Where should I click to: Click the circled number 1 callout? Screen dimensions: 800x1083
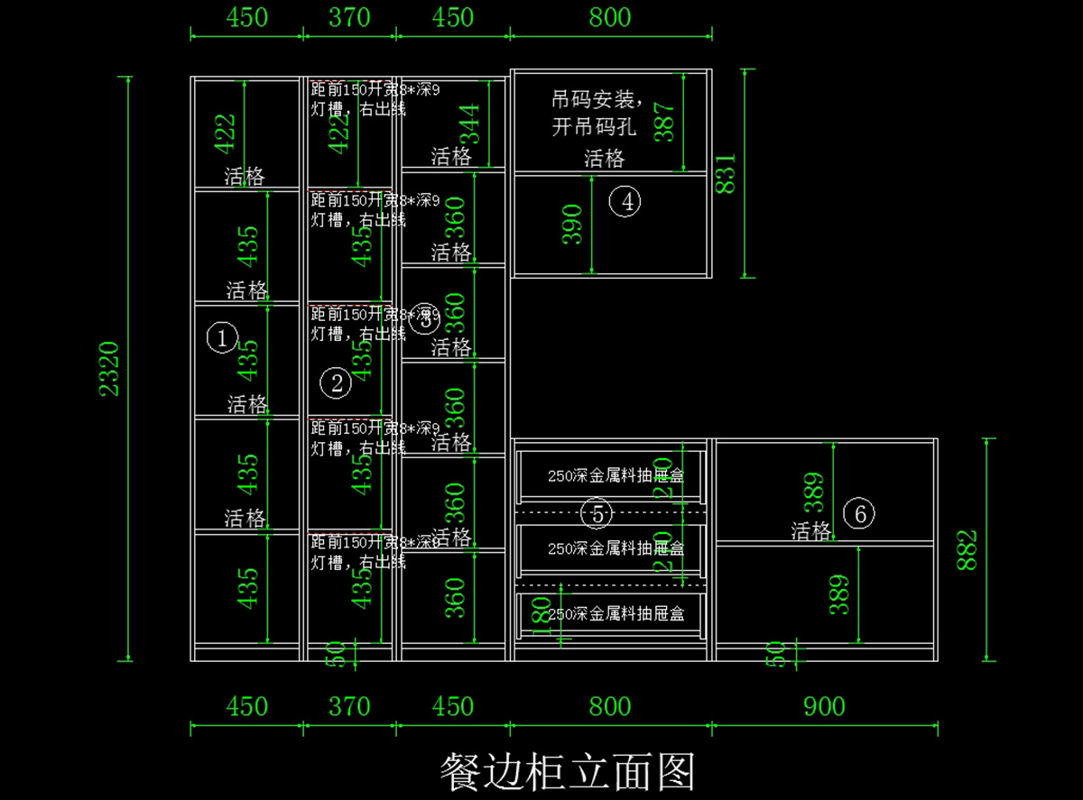click(221, 338)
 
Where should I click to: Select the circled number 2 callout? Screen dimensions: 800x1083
click(336, 384)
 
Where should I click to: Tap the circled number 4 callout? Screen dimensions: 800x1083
click(625, 201)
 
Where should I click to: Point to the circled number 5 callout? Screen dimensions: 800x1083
click(597, 514)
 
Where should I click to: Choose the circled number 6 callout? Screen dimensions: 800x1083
click(859, 514)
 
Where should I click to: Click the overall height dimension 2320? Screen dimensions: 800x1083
click(109, 368)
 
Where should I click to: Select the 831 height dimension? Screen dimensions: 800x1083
click(727, 173)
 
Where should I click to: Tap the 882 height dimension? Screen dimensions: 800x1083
click(967, 549)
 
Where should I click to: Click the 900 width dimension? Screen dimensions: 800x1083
click(824, 706)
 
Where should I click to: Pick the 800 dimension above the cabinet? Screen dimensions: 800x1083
click(610, 17)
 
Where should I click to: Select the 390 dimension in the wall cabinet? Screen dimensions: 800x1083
click(573, 225)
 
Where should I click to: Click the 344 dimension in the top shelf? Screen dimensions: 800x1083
click(469, 123)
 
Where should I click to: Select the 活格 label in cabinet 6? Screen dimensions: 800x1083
click(810, 532)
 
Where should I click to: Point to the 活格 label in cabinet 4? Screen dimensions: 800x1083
click(604, 160)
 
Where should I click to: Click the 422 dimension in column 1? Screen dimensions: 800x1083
click(225, 133)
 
